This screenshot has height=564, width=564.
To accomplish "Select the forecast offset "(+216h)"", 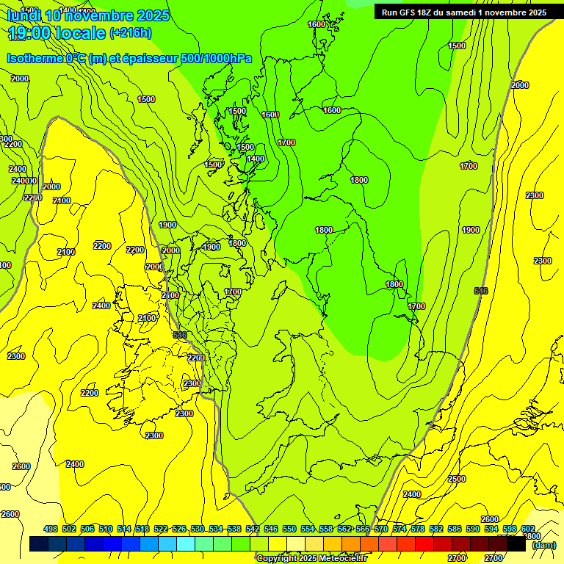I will pyautogui.click(x=131, y=33).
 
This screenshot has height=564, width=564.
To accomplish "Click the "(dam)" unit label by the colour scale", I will pyautogui.click(x=543, y=545).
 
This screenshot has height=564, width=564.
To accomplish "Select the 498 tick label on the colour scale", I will pyautogui.click(x=51, y=529).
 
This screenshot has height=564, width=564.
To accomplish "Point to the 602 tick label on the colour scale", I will pyautogui.click(x=528, y=529).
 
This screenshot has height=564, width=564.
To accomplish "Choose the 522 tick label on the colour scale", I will pyautogui.click(x=161, y=529).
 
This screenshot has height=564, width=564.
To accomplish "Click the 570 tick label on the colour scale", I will pyautogui.click(x=381, y=529).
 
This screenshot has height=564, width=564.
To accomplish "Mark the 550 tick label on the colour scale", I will pyautogui.click(x=289, y=529).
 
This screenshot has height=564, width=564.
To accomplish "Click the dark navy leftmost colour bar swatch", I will pyautogui.click(x=39, y=544).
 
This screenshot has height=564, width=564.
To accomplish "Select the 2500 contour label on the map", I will pyautogui.click(x=456, y=479).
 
